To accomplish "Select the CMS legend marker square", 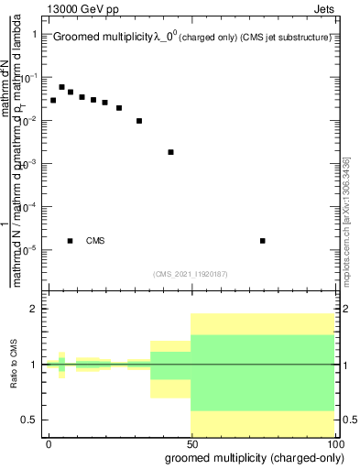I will [x=71, y=241].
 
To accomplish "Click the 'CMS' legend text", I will [x=95, y=241].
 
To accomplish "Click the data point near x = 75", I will [x=263, y=241].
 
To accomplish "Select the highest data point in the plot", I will [x=61, y=87].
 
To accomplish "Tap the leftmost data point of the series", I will [x=53, y=100].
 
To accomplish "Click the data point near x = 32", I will [x=139, y=121].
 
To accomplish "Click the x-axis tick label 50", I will [x=191, y=443].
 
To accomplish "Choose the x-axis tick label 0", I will [x=49, y=443].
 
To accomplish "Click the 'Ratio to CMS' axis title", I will [x=14, y=365].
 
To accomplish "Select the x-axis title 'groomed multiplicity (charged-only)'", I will [x=249, y=457].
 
